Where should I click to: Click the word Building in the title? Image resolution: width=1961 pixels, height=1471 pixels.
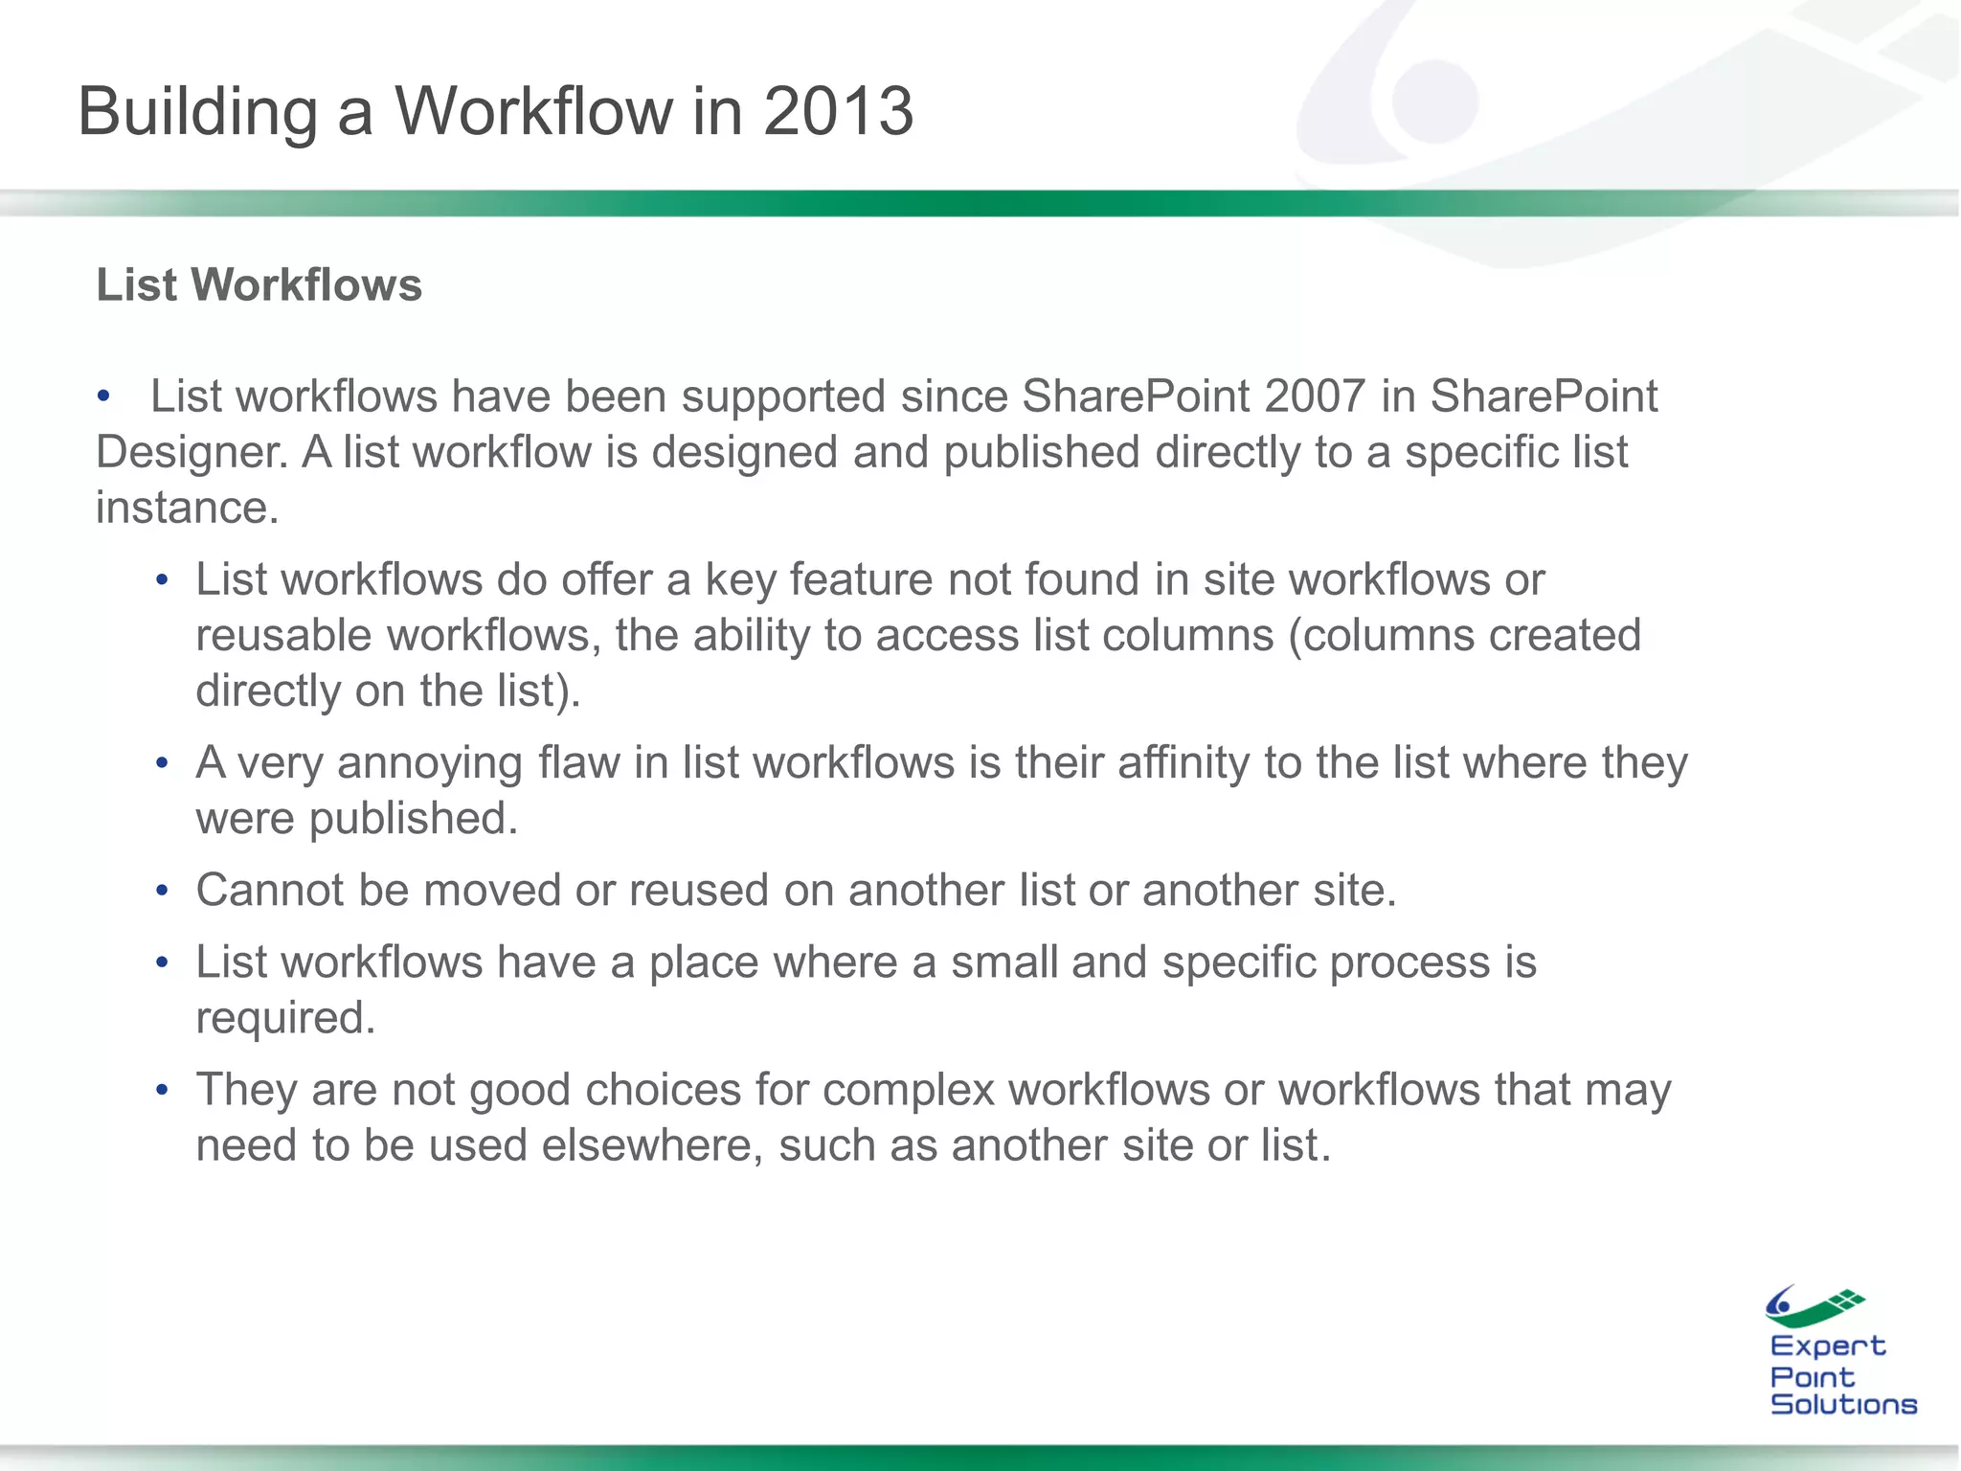click(x=197, y=113)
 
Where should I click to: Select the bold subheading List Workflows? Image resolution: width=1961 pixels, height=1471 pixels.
click(x=259, y=284)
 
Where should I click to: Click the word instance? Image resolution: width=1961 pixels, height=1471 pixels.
click(x=187, y=508)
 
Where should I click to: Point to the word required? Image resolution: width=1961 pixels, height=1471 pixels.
click(x=284, y=1018)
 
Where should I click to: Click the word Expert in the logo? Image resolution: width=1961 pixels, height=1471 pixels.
click(x=1827, y=1346)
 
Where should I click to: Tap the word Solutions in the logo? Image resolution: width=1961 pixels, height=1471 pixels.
click(x=1843, y=1404)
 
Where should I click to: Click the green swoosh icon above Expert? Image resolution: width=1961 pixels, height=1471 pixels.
click(x=1814, y=1305)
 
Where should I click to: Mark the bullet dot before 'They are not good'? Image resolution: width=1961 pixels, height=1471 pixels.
click(x=163, y=1090)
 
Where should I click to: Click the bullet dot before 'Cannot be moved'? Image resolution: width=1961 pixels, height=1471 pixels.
click(x=163, y=891)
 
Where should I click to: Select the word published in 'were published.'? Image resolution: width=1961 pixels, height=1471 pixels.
click(x=413, y=819)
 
